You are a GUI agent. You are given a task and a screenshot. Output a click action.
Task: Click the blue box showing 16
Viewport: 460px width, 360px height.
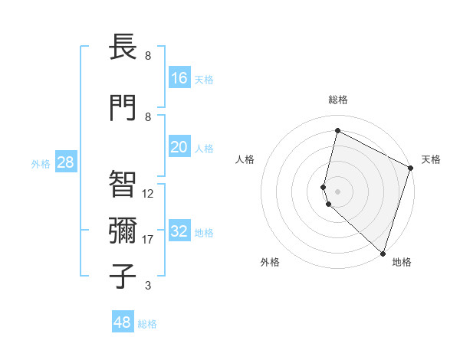click(x=179, y=78)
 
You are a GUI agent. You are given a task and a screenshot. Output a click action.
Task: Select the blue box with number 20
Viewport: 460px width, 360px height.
click(x=179, y=147)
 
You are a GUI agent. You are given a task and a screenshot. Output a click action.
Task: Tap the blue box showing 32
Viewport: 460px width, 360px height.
click(x=179, y=231)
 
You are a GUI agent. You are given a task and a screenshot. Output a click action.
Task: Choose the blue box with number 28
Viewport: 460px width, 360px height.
click(x=64, y=162)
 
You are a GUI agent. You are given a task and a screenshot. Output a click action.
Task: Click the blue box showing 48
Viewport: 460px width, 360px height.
click(x=123, y=322)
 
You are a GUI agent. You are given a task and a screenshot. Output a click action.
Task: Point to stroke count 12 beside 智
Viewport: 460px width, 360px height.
click(x=148, y=193)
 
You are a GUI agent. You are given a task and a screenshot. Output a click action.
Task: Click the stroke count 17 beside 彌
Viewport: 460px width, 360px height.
click(x=148, y=240)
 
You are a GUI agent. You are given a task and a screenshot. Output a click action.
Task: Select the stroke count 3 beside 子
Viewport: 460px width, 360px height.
click(x=148, y=286)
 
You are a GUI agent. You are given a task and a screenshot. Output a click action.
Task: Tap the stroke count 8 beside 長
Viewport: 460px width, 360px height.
click(x=148, y=56)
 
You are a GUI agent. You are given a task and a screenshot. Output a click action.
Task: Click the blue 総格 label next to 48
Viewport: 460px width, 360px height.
click(x=147, y=324)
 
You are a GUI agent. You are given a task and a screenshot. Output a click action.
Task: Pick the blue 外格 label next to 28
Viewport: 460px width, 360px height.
click(x=40, y=163)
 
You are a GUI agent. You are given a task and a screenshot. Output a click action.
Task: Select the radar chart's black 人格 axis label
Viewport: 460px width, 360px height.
click(x=245, y=159)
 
